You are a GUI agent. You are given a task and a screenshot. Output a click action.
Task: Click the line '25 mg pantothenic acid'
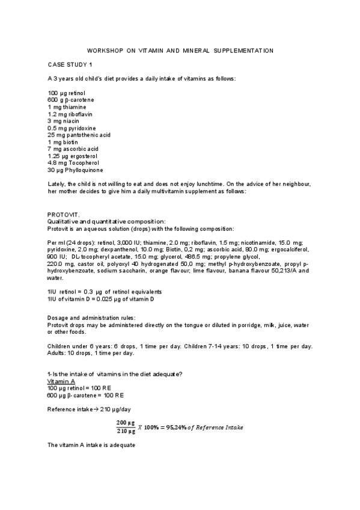click(x=75, y=135)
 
